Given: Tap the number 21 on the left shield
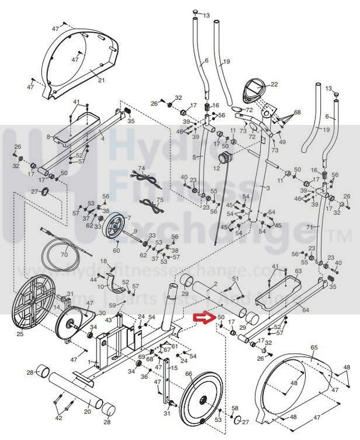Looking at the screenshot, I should pyautogui.click(x=101, y=80).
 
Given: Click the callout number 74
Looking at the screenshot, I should pyautogui.click(x=141, y=169).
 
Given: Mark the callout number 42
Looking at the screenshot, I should pyautogui.click(x=58, y=418).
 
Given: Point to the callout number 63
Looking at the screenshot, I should pyautogui.click(x=298, y=271).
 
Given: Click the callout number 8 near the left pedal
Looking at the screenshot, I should pyautogui.click(x=49, y=137).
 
